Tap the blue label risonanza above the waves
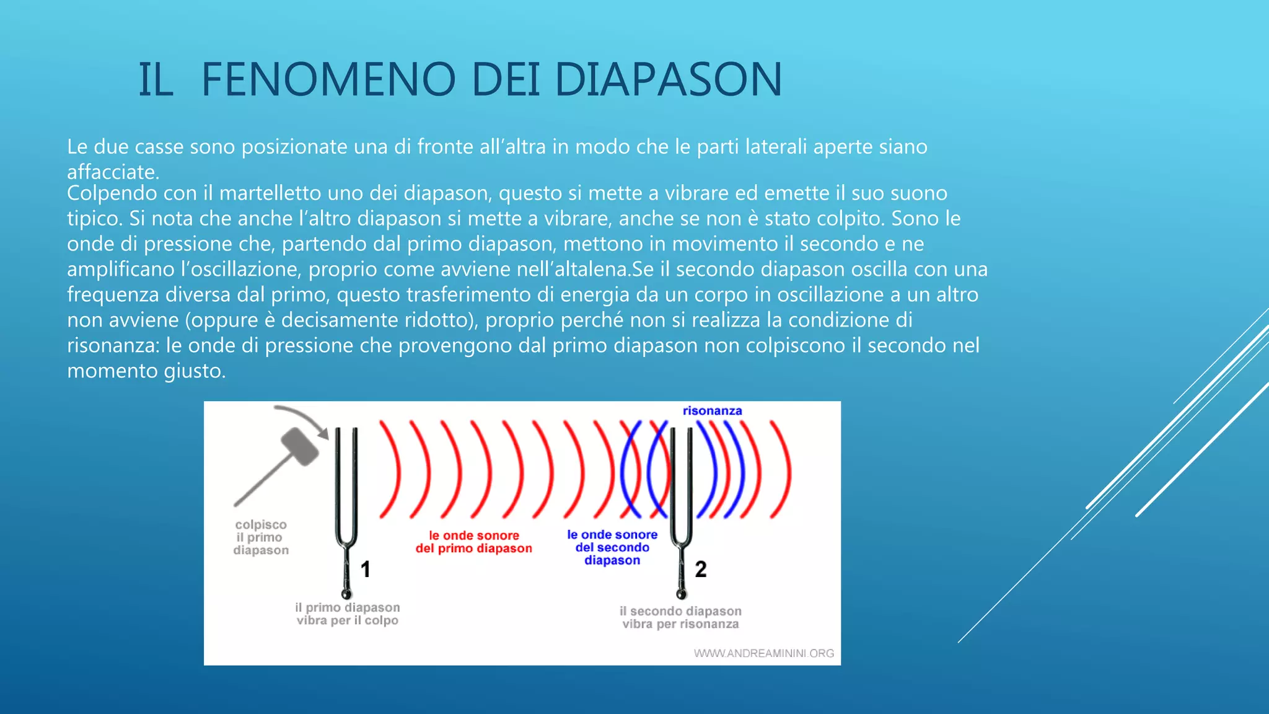tap(712, 410)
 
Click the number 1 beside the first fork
tap(366, 569)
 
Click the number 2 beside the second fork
tap(701, 569)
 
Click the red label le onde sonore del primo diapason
tap(473, 542)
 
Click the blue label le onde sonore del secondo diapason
tap(612, 547)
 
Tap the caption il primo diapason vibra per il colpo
tap(347, 614)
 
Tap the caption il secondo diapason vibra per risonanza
tap(680, 617)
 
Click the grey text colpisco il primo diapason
tap(261, 537)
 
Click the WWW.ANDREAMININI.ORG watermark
tap(763, 653)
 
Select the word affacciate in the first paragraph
tap(113, 172)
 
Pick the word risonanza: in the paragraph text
tap(113, 345)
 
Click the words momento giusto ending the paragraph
tap(146, 371)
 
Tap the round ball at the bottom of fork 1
tap(346, 594)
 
